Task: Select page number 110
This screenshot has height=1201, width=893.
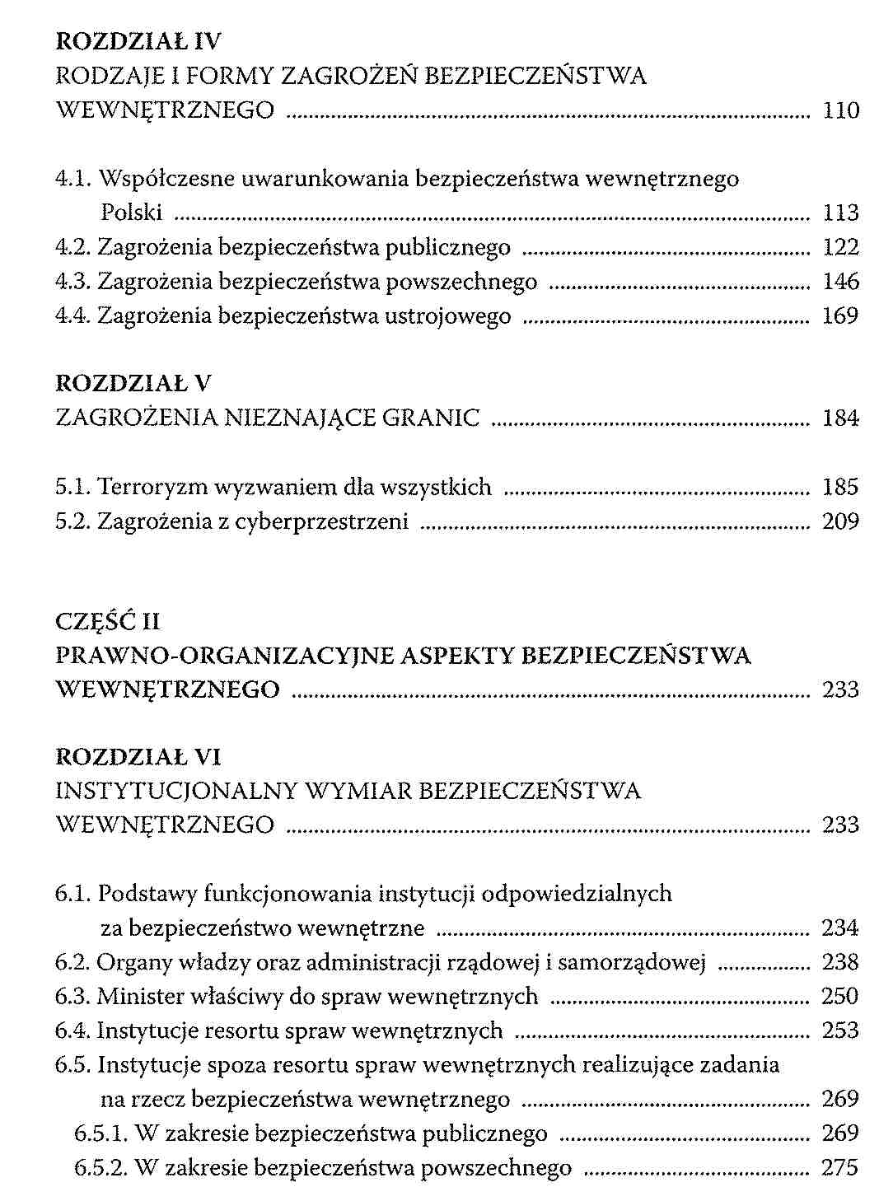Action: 840,110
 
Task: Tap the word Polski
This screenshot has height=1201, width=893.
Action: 132,213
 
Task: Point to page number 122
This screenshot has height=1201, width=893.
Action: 840,247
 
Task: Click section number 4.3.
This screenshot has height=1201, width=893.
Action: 72,282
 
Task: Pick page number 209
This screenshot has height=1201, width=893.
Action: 840,521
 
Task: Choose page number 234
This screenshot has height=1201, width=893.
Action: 840,928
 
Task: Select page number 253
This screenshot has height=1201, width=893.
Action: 840,1030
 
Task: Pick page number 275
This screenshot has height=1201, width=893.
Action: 840,1167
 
